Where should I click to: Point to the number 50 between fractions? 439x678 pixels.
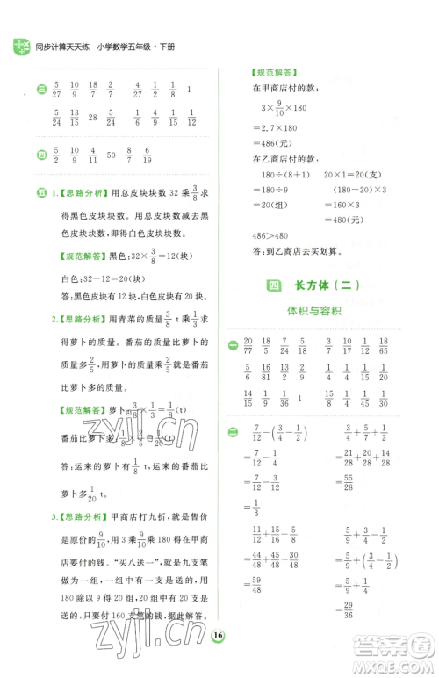111,155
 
